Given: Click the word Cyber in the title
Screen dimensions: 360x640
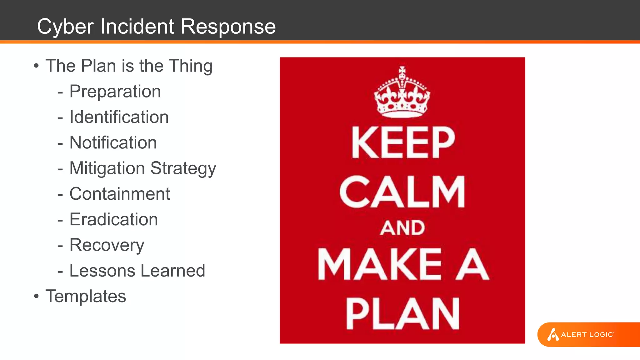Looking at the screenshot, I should (x=65, y=27).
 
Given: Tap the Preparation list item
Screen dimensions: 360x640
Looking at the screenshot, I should (x=115, y=92).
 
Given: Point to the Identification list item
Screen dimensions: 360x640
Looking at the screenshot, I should (x=119, y=117).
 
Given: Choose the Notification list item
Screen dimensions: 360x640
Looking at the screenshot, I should (x=113, y=143).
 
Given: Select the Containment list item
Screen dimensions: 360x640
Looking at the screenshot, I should (x=120, y=194).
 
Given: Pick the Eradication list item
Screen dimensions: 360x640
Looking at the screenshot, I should (x=113, y=220).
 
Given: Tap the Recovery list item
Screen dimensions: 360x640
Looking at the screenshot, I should (x=107, y=245).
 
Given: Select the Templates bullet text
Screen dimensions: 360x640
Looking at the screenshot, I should (x=86, y=296).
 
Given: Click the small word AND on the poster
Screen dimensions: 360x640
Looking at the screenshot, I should (x=402, y=228).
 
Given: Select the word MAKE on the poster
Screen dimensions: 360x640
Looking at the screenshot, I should (x=380, y=264).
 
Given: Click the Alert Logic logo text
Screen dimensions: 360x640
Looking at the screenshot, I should (x=587, y=335).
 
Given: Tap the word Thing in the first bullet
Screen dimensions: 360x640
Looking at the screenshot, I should (x=191, y=66).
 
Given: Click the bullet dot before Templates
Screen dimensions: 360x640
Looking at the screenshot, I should (x=37, y=296).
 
